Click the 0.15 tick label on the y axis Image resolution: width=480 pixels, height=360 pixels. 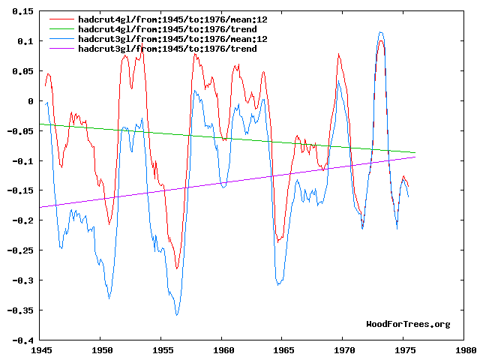click(x=22, y=11)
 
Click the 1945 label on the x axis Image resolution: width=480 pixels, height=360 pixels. click(x=41, y=349)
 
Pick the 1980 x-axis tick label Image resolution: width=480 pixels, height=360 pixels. click(x=464, y=349)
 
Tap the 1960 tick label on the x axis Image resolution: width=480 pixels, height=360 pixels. click(x=223, y=349)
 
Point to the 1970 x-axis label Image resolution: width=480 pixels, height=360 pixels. click(x=343, y=349)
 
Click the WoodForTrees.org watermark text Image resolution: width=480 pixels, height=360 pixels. click(x=408, y=324)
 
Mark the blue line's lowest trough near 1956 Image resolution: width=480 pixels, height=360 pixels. click(x=177, y=315)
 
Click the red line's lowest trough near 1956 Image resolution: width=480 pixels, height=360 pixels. click(x=177, y=268)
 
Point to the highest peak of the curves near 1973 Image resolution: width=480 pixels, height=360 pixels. click(x=382, y=32)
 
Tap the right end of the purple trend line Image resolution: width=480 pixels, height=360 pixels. click(x=415, y=157)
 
